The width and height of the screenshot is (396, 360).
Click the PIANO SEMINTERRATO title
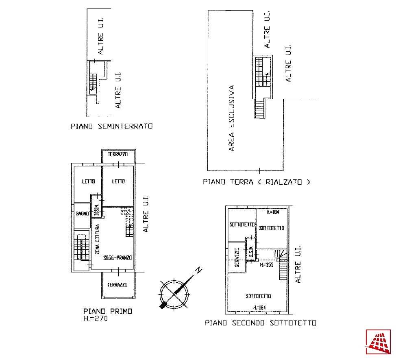[112, 126]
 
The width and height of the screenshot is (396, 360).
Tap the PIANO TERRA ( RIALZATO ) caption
[256, 182]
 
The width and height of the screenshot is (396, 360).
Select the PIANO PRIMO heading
[108, 311]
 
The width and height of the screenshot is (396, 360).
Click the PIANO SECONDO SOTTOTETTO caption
[261, 323]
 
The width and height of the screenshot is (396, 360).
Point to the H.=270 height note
[96, 319]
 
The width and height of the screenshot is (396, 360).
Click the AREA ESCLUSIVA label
[231, 118]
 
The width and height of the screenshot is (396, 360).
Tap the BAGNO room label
[83, 214]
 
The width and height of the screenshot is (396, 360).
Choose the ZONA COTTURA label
[97, 239]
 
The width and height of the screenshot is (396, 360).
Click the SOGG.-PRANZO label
[117, 257]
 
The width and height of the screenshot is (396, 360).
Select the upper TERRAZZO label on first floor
[117, 154]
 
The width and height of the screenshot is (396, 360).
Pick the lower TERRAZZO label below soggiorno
[117, 285]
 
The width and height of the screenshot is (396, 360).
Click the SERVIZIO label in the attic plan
[237, 257]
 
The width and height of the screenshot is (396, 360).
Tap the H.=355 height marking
[266, 265]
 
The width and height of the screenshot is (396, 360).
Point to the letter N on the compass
[199, 271]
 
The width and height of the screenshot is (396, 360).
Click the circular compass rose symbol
[174, 295]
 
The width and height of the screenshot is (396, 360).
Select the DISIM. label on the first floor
[96, 210]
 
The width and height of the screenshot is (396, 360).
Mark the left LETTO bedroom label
[88, 181]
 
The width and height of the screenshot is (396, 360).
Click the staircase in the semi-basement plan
[93, 82]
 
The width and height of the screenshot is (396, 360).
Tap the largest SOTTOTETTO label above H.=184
[258, 296]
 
